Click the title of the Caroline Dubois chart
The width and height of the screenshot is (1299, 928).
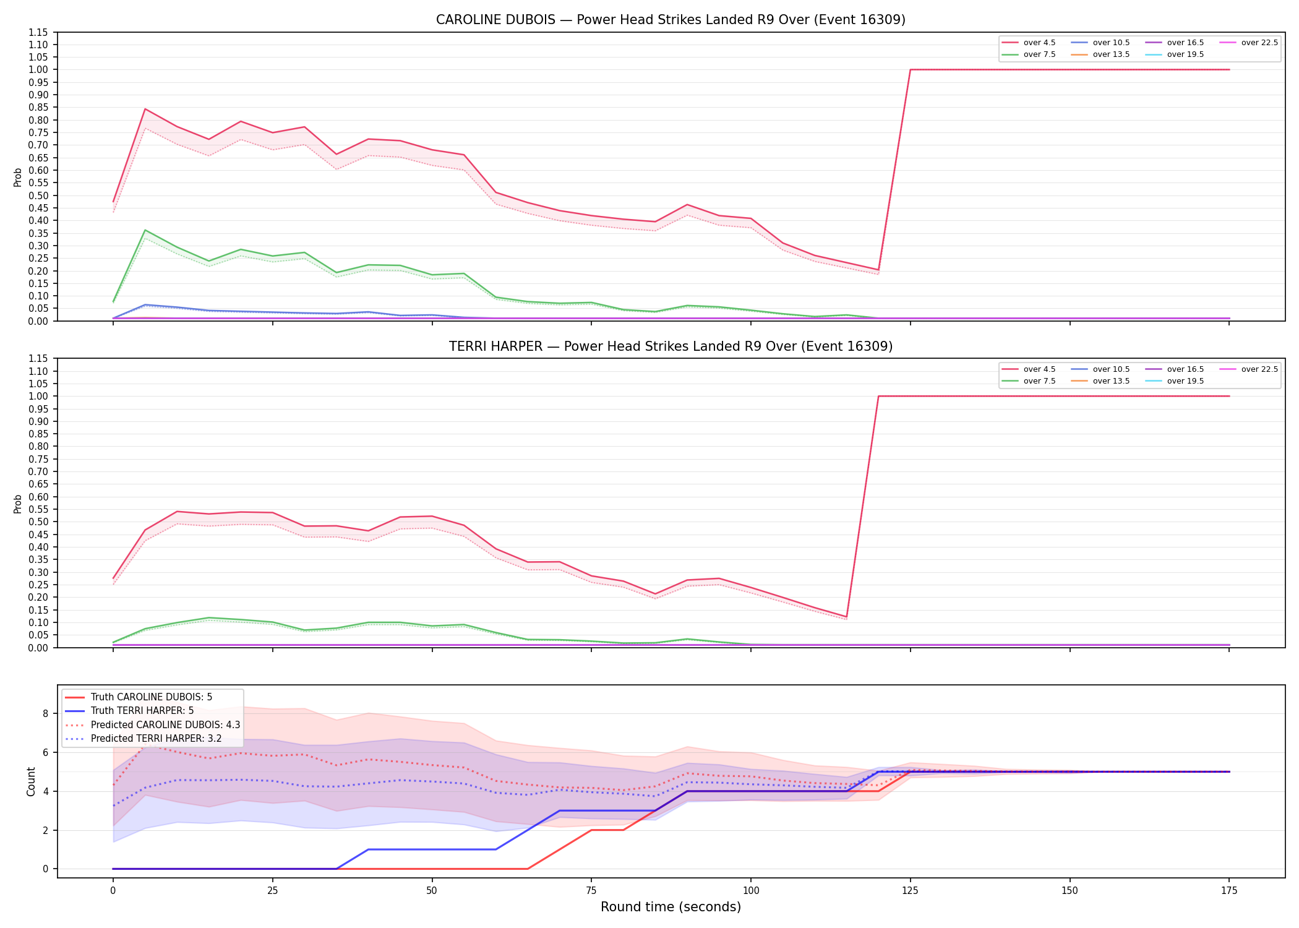[671, 20]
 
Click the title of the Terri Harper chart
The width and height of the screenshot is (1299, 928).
[671, 346]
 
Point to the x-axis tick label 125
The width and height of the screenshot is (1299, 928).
[910, 891]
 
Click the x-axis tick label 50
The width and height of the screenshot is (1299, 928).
[432, 891]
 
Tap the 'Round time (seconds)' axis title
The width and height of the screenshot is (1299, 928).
[671, 907]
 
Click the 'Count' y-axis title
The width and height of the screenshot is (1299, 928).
[31, 781]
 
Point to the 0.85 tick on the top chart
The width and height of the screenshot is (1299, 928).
[38, 108]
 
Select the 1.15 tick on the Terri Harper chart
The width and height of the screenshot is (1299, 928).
[38, 359]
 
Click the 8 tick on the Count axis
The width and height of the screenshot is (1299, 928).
[45, 713]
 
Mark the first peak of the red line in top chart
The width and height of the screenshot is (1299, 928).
[145, 109]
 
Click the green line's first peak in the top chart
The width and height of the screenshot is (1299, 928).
[145, 230]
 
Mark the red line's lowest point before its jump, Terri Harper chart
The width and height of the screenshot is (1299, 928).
[846, 617]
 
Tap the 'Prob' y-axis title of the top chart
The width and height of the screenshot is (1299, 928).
[18, 177]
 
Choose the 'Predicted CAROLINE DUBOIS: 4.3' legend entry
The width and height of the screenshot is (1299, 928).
[165, 724]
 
